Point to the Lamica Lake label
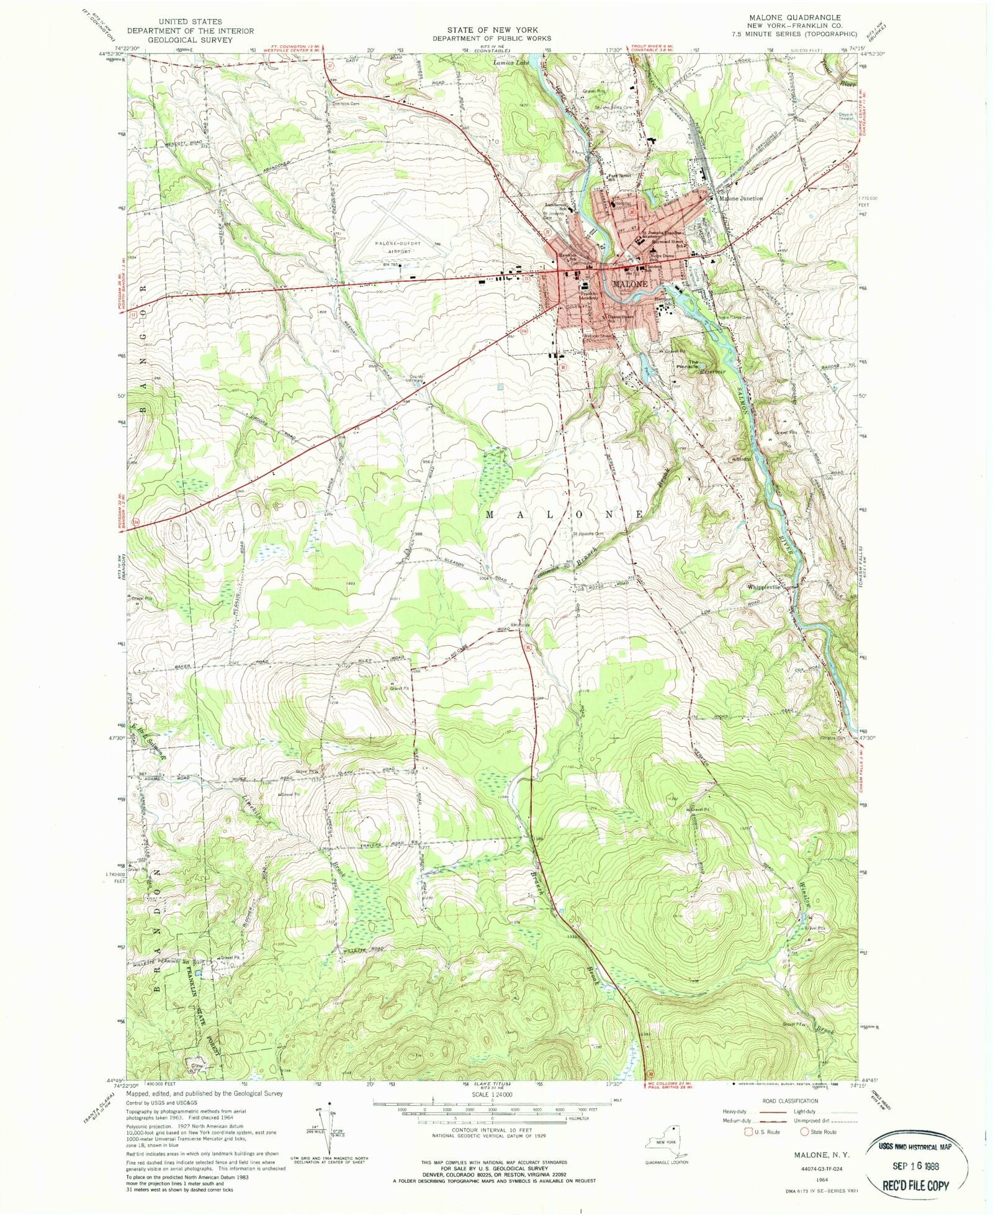pos(510,63)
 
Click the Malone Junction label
pos(740,199)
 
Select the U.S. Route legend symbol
pos(748,1131)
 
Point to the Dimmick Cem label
pos(346,104)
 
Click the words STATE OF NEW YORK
pos(492,29)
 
